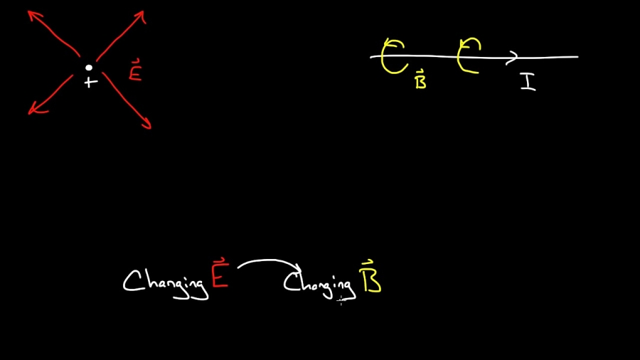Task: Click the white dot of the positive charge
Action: pos(89,68)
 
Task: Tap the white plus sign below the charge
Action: pos(90,83)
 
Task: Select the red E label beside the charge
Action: pos(135,73)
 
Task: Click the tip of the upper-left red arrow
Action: pos(29,11)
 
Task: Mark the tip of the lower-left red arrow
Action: pos(29,113)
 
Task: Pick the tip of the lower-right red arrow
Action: pos(150,128)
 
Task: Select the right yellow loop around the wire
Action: pos(468,56)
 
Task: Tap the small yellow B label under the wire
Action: pos(420,81)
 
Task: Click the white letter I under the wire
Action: pos(528,82)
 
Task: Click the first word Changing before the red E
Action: pos(166,282)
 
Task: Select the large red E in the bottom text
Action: pos(220,277)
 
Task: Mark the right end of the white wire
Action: pos(577,57)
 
